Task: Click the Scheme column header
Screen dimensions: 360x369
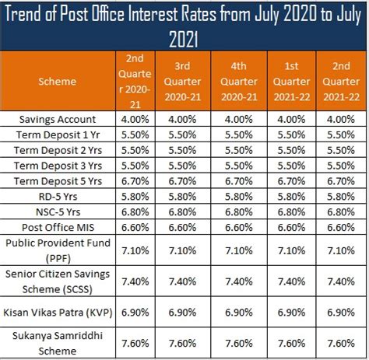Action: (59, 80)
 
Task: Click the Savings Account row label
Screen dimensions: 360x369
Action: (59, 119)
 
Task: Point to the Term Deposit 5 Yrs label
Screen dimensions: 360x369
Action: (59, 181)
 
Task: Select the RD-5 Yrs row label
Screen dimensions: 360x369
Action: (59, 197)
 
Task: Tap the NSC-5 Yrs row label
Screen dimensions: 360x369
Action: (59, 212)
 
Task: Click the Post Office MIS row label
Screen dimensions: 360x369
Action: (59, 228)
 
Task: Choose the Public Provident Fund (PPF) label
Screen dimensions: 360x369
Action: (59, 251)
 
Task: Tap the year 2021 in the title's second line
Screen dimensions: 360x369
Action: (184, 38)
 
